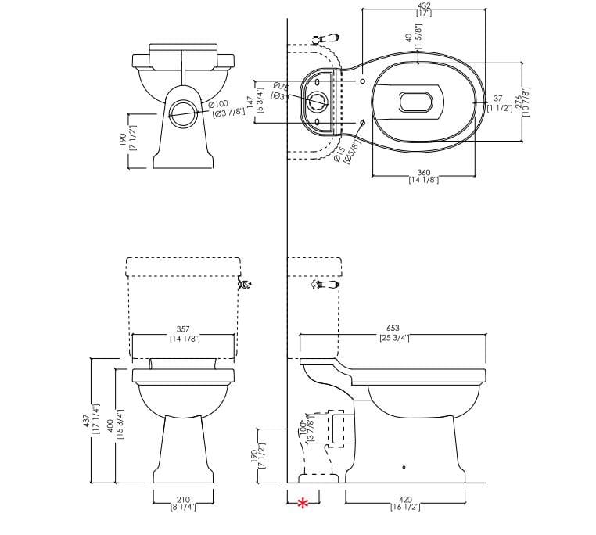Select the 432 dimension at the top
pos(425,5)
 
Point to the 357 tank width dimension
pos(183,329)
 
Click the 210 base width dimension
pos(183,499)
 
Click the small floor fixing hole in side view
pos(404,468)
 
